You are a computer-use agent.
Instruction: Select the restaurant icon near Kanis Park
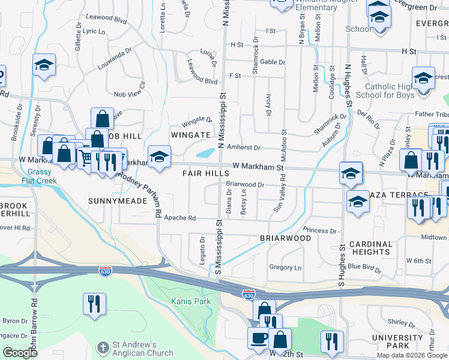pos(94,304)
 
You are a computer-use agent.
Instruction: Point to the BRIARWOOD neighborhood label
pos(285,238)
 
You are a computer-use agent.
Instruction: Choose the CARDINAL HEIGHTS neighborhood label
pos(370,248)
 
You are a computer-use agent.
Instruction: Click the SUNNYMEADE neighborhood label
pos(118,200)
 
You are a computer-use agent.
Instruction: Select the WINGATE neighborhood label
pos(190,135)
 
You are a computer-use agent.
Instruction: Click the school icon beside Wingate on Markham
pos(158,157)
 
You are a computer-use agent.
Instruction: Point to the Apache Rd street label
pos(180,218)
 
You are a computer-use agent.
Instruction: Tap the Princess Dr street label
pos(320,230)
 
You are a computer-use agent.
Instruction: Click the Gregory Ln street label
pos(285,267)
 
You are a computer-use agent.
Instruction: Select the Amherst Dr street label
pos(244,148)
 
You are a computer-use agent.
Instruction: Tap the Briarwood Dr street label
pos(245,185)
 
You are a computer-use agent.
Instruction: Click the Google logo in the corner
pos(20,353)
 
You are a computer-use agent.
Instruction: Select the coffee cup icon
pos(259,338)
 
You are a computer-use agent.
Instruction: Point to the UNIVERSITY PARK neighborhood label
pos(397,341)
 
